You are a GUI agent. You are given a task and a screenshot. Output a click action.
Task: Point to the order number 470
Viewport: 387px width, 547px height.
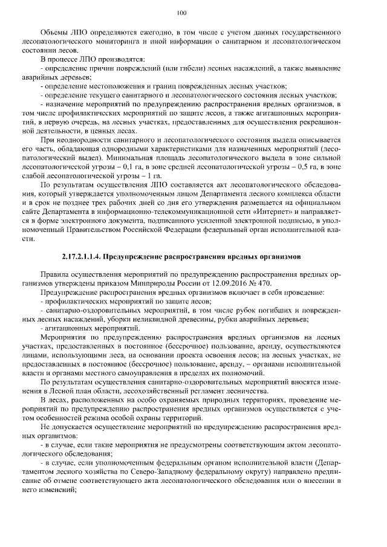265,283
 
